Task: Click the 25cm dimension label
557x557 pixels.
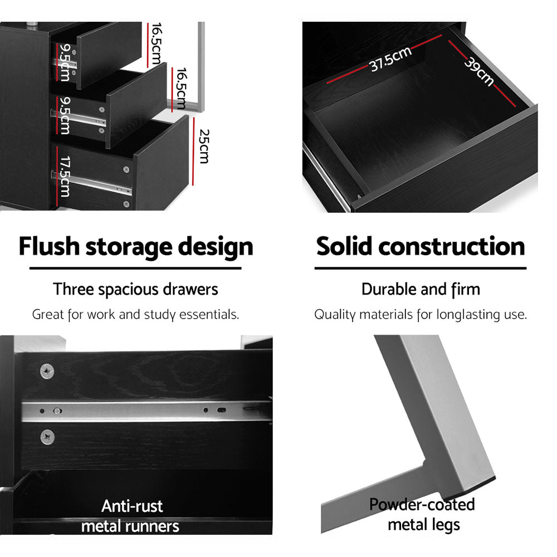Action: click(x=203, y=146)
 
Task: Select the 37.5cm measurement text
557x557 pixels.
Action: click(x=390, y=60)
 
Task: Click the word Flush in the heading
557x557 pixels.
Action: click(x=49, y=246)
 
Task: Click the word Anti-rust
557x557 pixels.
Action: click(x=132, y=506)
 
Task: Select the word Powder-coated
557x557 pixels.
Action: click(x=422, y=505)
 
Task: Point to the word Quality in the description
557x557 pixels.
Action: click(x=335, y=315)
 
